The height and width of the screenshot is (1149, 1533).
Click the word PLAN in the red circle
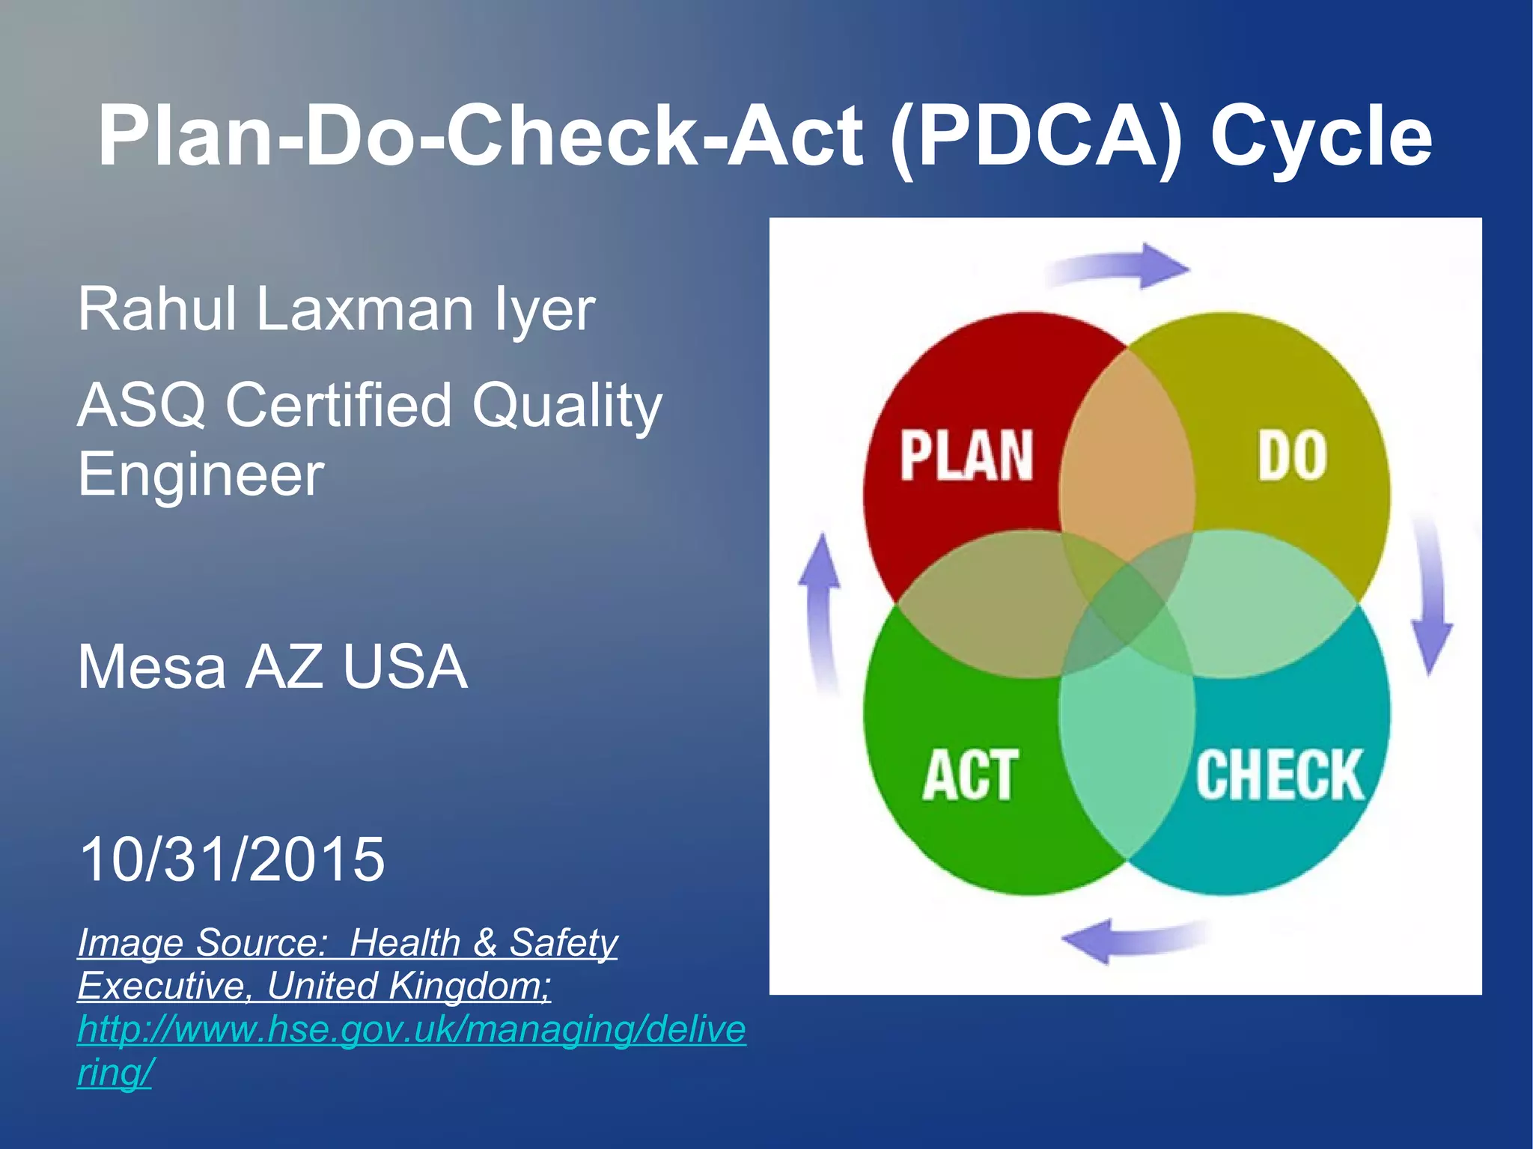click(x=966, y=455)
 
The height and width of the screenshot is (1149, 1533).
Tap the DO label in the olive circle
click(x=1292, y=455)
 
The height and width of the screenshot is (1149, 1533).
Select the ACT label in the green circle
click(x=970, y=775)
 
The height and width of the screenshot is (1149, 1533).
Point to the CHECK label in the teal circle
click(x=1279, y=775)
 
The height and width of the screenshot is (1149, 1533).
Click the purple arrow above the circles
click(x=1123, y=266)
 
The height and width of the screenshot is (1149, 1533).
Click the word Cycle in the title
click(x=1320, y=136)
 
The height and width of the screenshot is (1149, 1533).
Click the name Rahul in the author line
click(x=157, y=308)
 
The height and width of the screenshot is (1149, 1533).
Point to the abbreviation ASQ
click(x=142, y=405)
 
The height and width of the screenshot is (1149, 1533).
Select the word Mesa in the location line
click(x=151, y=667)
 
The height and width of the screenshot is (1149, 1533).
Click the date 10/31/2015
click(x=231, y=859)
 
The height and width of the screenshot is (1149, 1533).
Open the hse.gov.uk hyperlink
click(x=411, y=1029)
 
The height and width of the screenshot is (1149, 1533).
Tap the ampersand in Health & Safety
click(x=485, y=942)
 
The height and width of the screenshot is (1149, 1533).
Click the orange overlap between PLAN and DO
click(x=1127, y=449)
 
